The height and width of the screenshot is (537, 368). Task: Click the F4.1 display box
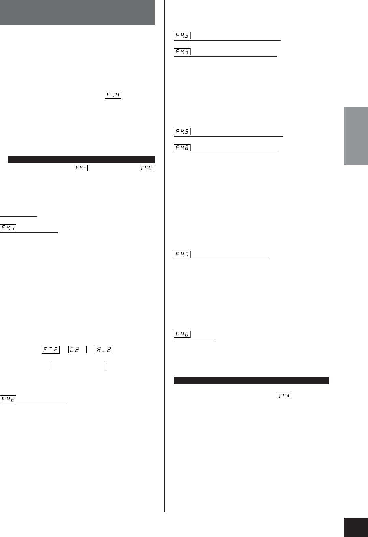8,228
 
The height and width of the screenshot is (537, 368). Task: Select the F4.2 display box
8,399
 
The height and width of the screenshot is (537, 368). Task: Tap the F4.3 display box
182,35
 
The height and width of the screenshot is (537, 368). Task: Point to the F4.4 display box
182,52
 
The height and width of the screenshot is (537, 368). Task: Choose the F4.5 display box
182,131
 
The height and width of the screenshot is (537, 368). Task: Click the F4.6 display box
182,148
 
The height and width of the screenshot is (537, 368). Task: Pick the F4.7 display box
182,254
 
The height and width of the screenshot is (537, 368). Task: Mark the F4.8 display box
182,334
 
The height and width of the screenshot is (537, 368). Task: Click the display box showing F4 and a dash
81,168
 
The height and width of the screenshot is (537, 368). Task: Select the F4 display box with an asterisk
284,396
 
